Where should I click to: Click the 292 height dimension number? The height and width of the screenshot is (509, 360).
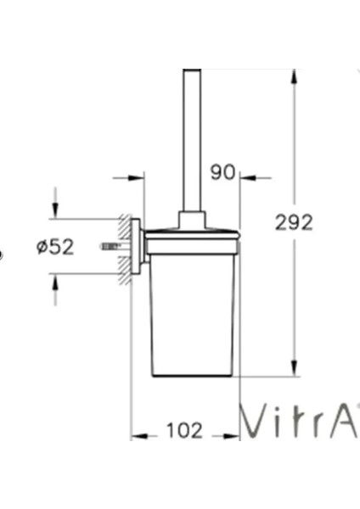(294, 222)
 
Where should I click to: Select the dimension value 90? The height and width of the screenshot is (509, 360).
(222, 172)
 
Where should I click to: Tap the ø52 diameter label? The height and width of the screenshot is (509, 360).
(55, 247)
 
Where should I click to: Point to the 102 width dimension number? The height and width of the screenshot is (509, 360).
(184, 431)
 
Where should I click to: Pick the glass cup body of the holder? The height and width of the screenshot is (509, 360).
(191, 314)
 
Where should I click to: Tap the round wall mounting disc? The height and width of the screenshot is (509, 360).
(135, 246)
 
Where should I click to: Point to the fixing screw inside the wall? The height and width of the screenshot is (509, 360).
(110, 246)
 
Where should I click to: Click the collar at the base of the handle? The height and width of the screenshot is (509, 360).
(191, 221)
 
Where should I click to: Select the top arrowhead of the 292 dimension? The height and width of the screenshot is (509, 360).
(294, 76)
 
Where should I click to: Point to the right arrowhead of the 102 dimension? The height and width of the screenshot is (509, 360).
(232, 436)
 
